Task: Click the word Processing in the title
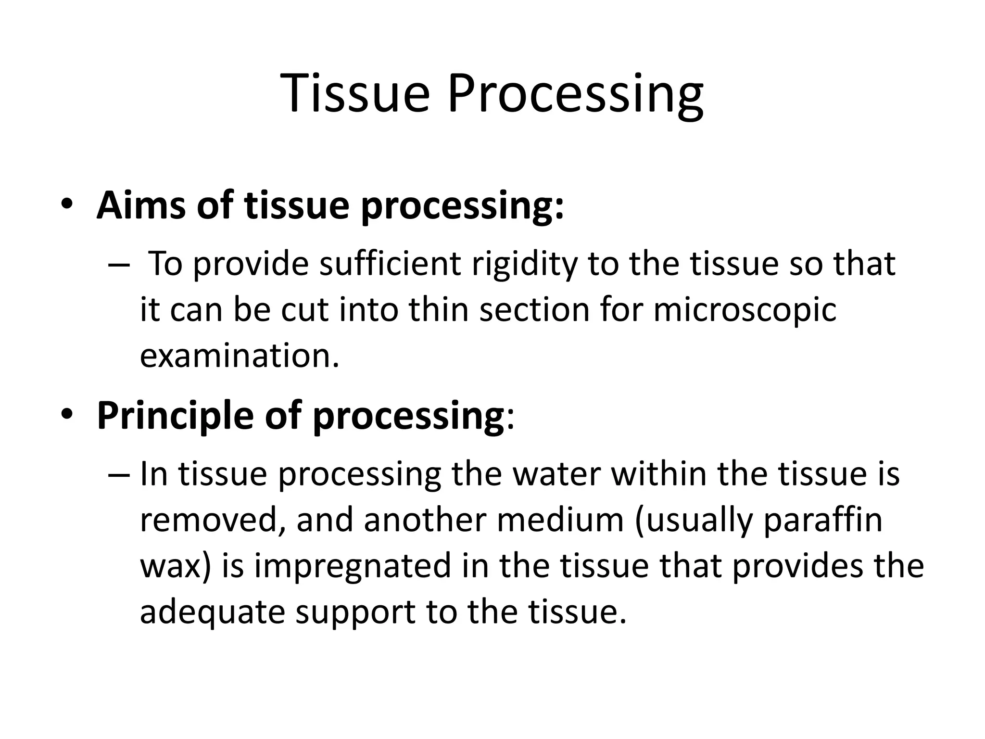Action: [575, 94]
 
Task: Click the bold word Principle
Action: [175, 416]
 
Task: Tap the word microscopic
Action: [745, 310]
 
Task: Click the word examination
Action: [239, 356]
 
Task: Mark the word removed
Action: [211, 521]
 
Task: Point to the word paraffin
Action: [823, 521]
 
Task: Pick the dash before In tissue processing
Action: [119, 474]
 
